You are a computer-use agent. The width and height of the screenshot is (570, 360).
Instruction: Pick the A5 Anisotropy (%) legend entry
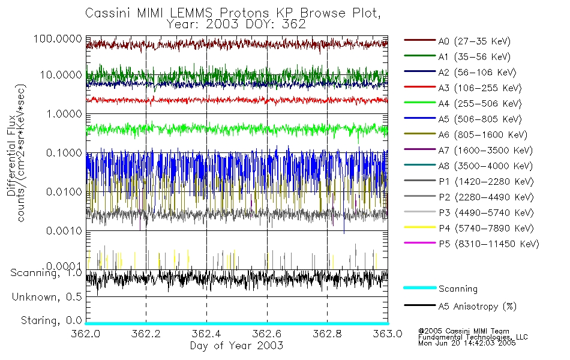(x=477, y=306)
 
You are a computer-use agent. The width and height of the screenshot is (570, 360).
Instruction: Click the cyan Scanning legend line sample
(x=419, y=289)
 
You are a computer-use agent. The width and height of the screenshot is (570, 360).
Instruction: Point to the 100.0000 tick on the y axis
(x=59, y=38)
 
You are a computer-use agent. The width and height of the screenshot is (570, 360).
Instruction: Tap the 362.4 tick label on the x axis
(x=206, y=334)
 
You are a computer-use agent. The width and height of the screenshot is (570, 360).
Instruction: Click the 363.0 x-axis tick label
(x=387, y=334)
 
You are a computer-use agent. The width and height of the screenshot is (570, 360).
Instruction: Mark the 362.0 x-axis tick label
(x=86, y=334)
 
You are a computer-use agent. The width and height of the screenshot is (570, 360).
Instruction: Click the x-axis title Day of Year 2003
(x=236, y=346)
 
